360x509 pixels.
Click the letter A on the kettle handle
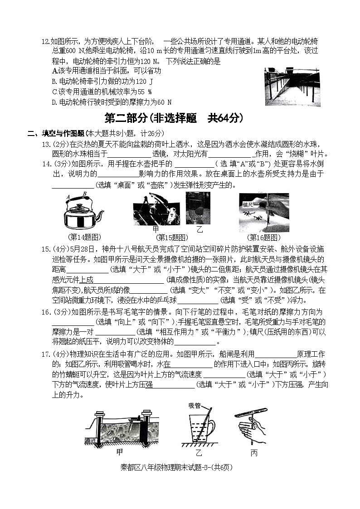(68, 197)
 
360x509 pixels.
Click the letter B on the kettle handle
(84, 194)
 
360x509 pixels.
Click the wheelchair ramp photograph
(292, 87)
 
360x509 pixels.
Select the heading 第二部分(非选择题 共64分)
(174, 118)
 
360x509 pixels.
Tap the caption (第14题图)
(84, 238)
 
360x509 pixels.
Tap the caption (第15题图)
(172, 238)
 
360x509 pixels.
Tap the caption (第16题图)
(264, 238)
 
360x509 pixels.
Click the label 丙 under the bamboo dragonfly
(253, 453)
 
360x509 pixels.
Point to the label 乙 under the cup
(198, 453)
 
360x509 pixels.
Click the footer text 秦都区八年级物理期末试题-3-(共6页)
(180, 467)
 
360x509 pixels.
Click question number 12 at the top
(45, 42)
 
